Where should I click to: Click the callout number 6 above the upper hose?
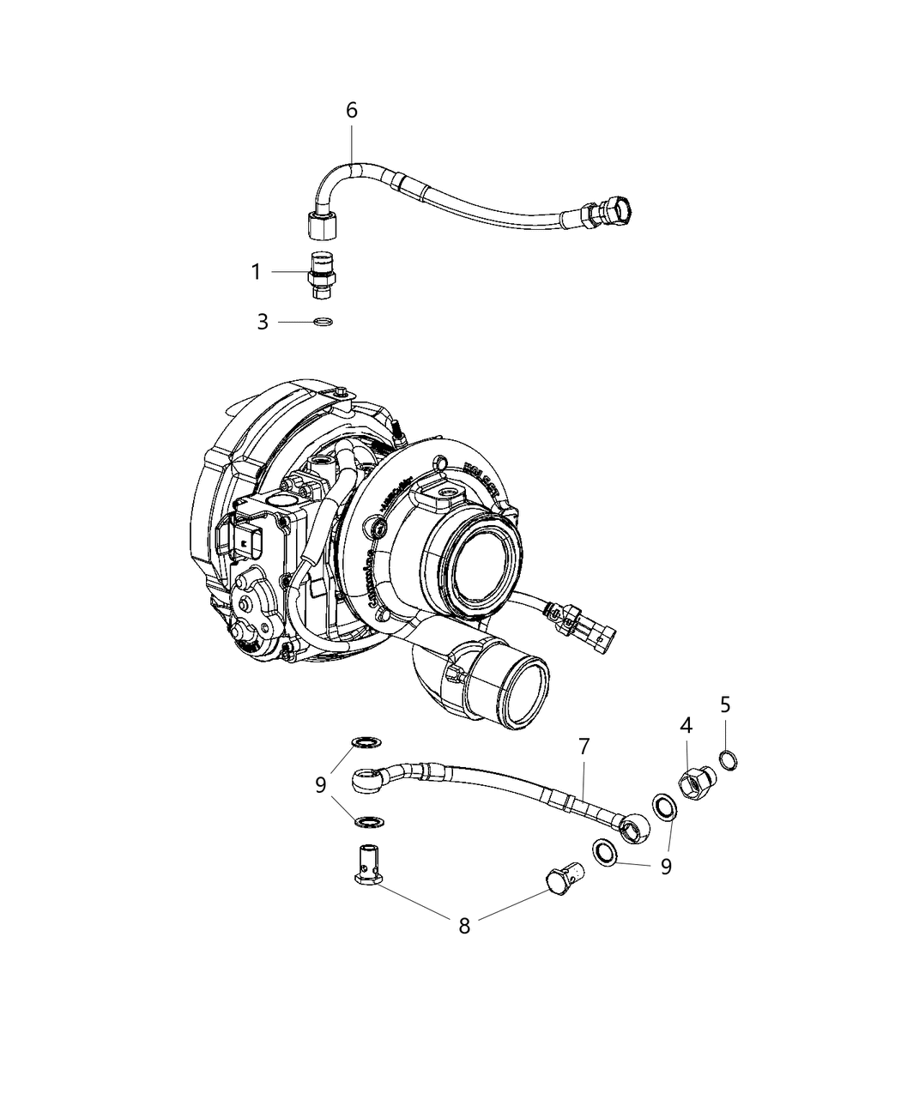pos(351,111)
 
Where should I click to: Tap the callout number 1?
pos(256,272)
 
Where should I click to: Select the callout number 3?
pos(263,323)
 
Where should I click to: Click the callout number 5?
pos(725,705)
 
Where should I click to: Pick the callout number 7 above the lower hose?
pos(584,746)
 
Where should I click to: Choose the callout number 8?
pos(464,927)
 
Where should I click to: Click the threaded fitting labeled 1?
pos(322,275)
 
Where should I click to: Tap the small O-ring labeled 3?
pos(324,323)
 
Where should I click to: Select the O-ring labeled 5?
pos(727,759)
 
